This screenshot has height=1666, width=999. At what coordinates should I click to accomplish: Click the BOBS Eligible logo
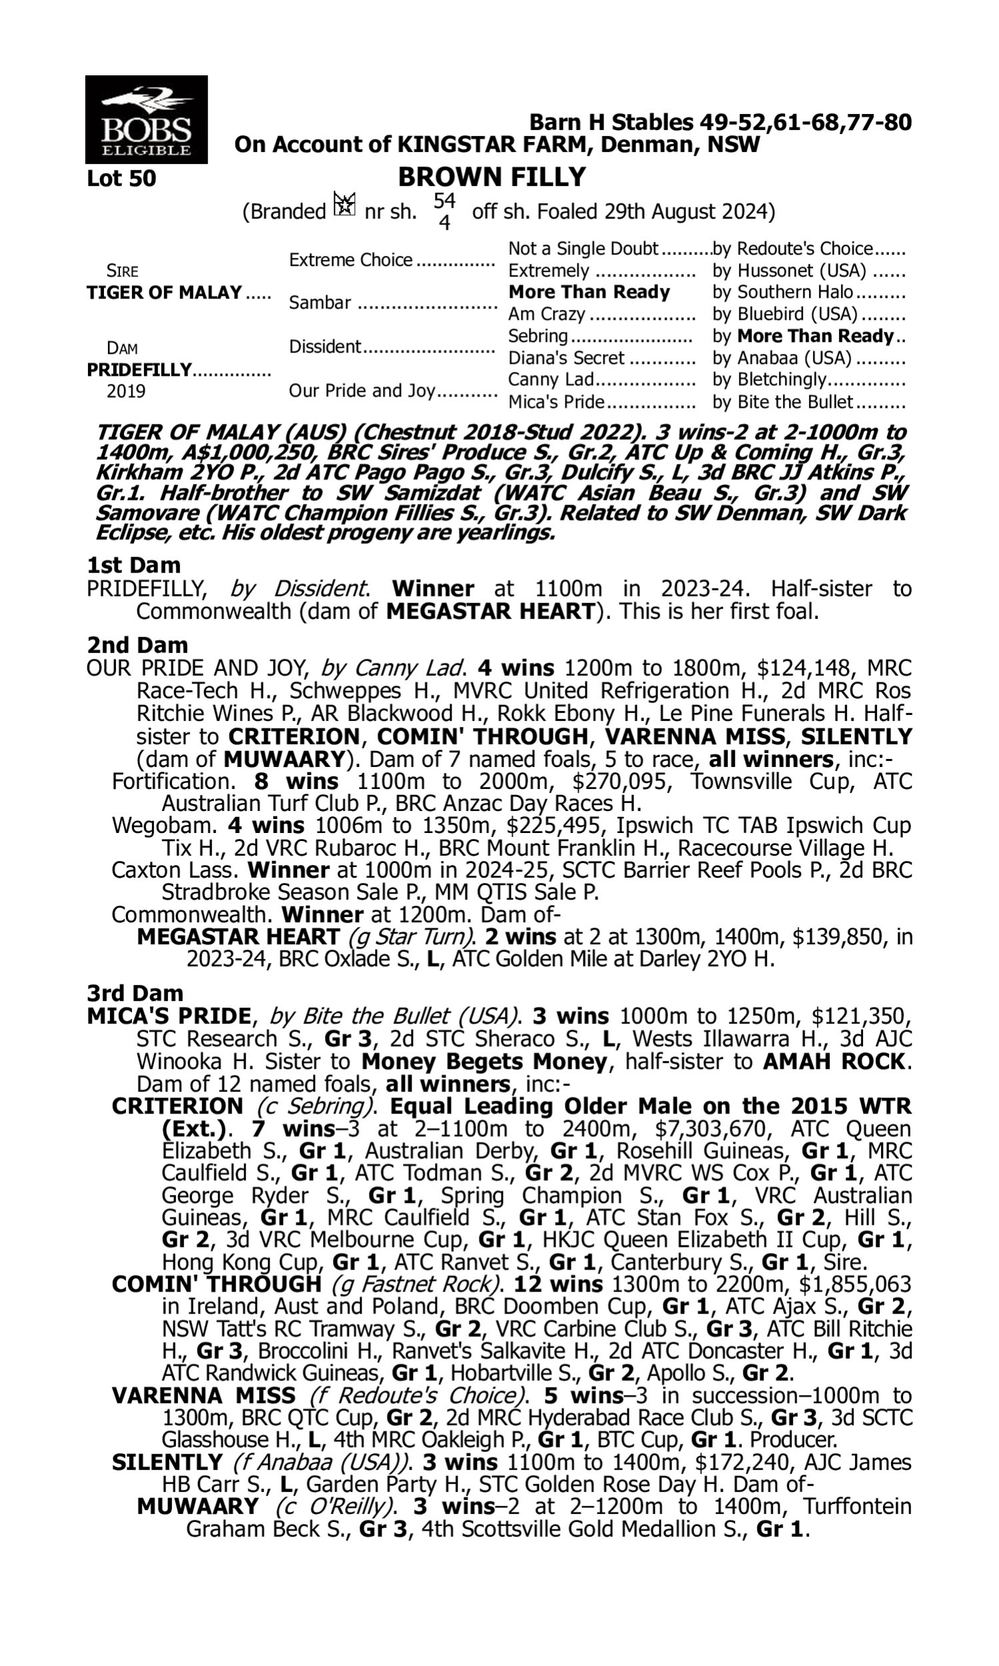point(146,119)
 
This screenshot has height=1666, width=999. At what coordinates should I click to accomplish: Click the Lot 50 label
point(121,179)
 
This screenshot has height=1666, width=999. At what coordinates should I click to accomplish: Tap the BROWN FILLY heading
point(492,177)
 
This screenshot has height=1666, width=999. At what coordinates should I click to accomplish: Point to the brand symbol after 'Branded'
point(345,204)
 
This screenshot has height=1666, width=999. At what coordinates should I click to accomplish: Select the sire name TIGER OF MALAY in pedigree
point(165,293)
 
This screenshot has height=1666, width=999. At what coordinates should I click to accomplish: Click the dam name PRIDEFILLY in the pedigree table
point(139,370)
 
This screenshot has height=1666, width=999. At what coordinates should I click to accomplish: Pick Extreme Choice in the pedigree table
point(351,260)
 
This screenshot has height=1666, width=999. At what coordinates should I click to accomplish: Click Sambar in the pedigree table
point(320,303)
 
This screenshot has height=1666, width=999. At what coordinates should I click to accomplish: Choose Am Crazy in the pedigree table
point(547,314)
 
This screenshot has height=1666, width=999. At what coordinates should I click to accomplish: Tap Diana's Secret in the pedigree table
point(566,358)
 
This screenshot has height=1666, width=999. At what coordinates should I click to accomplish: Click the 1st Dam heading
point(134,564)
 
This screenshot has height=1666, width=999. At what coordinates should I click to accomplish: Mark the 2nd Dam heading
point(137,644)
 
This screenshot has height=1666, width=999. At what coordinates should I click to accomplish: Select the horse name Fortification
point(172,781)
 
